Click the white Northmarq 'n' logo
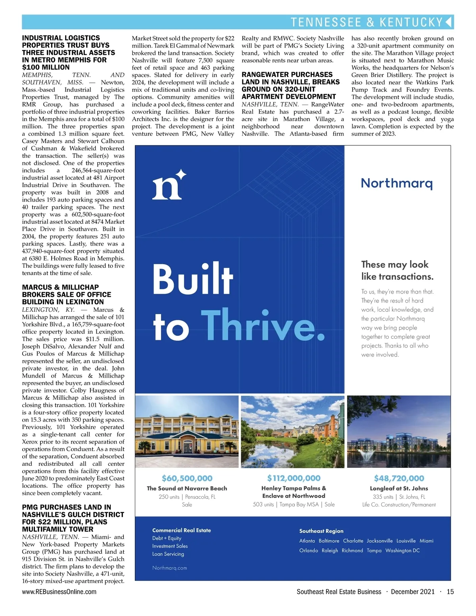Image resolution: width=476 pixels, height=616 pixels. (x=169, y=185)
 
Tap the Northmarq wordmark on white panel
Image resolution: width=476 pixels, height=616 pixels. (x=396, y=183)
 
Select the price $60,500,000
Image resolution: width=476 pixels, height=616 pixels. (x=187, y=479)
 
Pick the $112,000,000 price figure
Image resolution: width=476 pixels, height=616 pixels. (x=294, y=478)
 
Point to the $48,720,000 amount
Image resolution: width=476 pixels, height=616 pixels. (x=399, y=479)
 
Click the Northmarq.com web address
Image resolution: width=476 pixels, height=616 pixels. (x=169, y=568)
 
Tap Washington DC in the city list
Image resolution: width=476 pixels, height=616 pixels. (x=402, y=551)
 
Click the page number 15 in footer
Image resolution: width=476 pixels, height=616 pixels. (x=450, y=592)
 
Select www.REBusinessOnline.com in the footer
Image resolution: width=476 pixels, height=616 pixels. (x=59, y=592)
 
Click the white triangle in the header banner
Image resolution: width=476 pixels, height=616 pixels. (x=449, y=22)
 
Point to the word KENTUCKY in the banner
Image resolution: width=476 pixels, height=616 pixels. (x=411, y=22)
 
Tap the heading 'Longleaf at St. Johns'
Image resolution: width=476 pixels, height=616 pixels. (x=399, y=488)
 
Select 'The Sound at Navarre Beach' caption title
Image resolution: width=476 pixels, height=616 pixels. (x=187, y=488)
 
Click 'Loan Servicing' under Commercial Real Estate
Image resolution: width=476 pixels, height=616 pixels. (x=168, y=554)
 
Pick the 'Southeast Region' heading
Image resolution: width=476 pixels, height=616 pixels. (x=321, y=531)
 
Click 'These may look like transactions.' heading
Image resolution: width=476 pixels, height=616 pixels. (x=397, y=270)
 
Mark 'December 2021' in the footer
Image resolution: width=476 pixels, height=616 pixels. (x=413, y=592)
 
